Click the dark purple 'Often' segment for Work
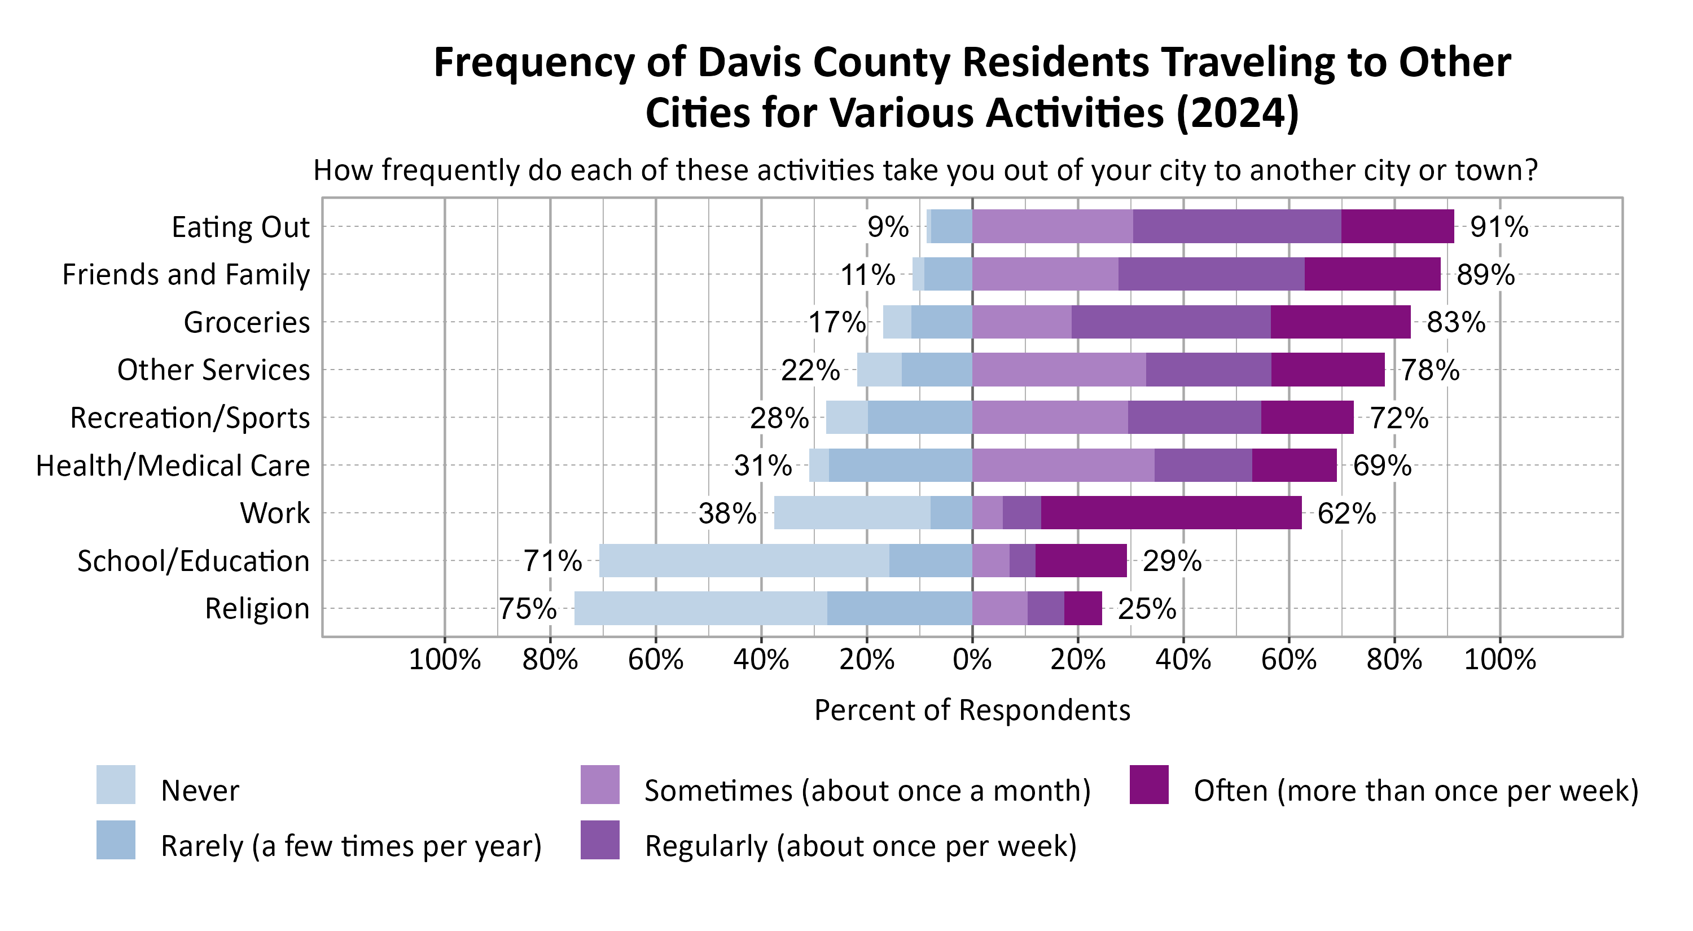click(1170, 512)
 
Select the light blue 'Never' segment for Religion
click(700, 608)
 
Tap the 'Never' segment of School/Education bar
click(743, 560)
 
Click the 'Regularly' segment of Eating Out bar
click(1236, 226)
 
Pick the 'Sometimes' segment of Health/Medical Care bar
click(1063, 465)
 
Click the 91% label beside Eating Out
click(1498, 227)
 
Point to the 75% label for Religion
click(527, 608)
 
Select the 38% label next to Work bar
click(727, 513)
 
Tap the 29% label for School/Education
click(1172, 561)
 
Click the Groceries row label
click(247, 322)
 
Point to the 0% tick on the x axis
click(972, 659)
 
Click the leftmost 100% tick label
click(444, 659)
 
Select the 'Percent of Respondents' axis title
click(972, 710)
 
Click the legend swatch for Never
click(116, 784)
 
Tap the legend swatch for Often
click(1149, 784)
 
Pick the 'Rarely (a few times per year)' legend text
click(351, 846)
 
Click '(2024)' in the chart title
click(1237, 113)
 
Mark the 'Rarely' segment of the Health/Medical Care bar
click(900, 465)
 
